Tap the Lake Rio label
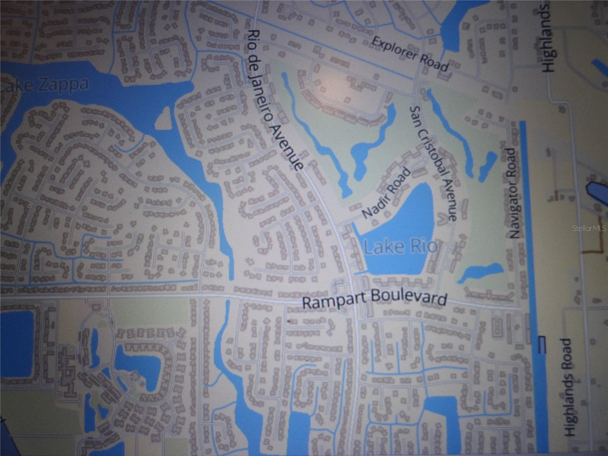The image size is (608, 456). (399, 247)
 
